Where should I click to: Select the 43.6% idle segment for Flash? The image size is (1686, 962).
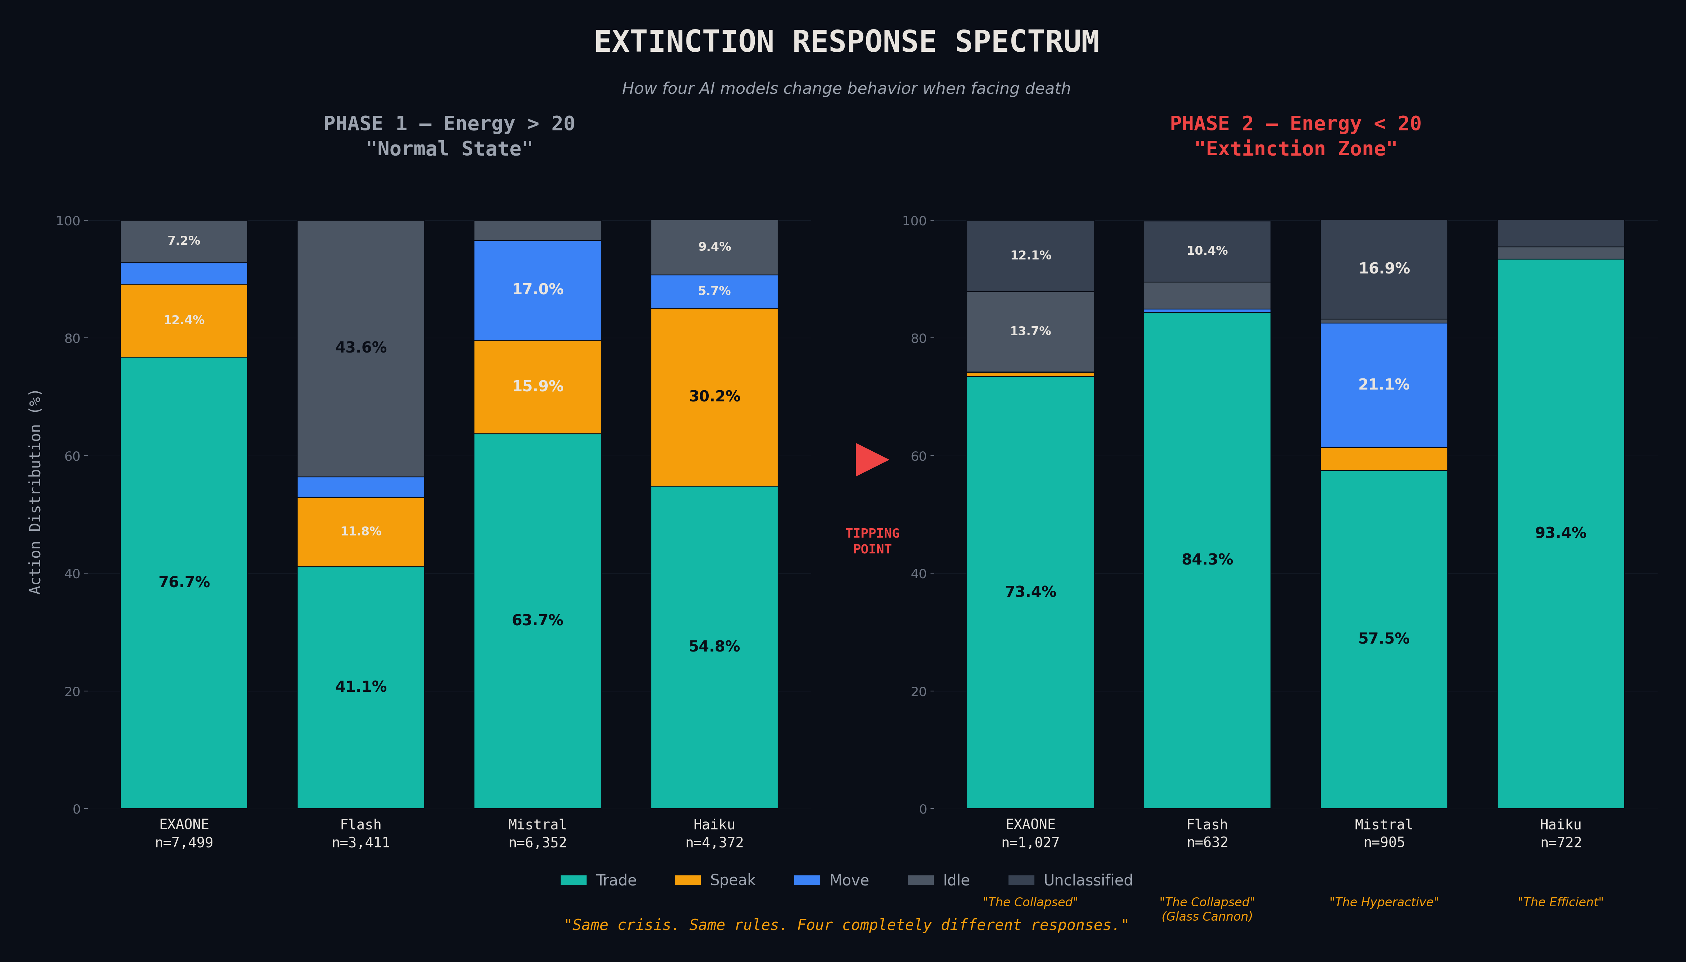tap(361, 348)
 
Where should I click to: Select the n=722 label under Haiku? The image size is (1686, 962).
tap(1561, 842)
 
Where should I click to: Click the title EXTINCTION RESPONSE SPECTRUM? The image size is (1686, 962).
tap(846, 42)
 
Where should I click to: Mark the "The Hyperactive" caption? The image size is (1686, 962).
tap(1383, 902)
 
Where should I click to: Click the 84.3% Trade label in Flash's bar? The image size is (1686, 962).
tap(1207, 560)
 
